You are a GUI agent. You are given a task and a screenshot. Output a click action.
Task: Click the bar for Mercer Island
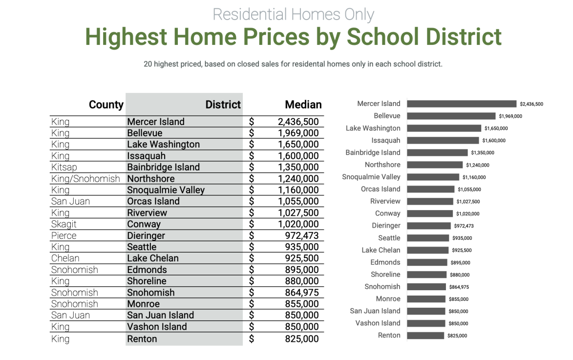pyautogui.click(x=461, y=104)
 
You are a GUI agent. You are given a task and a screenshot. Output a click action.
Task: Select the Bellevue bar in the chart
pyautogui.click(x=451, y=116)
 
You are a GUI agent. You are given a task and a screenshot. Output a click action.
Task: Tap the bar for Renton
pyautogui.click(x=425, y=336)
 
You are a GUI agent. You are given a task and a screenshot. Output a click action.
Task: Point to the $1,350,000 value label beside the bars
pyautogui.click(x=482, y=153)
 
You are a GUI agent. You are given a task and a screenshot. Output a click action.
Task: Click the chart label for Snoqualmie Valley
pyautogui.click(x=371, y=177)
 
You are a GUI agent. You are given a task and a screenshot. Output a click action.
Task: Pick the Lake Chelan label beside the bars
pyautogui.click(x=381, y=250)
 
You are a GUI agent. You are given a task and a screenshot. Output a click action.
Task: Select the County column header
pyautogui.click(x=106, y=105)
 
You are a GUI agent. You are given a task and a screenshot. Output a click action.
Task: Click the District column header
pyautogui.click(x=223, y=105)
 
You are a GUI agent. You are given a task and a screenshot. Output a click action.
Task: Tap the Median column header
pyautogui.click(x=303, y=105)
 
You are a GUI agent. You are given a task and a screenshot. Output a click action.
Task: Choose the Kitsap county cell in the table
pyautogui.click(x=64, y=167)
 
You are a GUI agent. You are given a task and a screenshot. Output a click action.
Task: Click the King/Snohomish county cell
pyautogui.click(x=85, y=179)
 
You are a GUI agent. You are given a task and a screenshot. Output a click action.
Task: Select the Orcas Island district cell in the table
pyautogui.click(x=153, y=201)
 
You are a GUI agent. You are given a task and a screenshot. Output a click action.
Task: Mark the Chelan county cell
pyautogui.click(x=65, y=258)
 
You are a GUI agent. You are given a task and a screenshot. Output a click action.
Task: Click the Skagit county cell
pyautogui.click(x=64, y=224)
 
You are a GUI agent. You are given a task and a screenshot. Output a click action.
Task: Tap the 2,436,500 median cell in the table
pyautogui.click(x=298, y=122)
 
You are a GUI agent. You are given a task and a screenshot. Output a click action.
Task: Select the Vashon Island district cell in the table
pyautogui.click(x=157, y=327)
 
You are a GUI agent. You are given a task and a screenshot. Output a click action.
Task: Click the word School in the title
pyautogui.click(x=382, y=37)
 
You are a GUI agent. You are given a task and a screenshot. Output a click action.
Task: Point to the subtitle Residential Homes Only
pyautogui.click(x=293, y=14)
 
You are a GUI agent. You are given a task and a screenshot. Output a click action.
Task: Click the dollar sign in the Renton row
pyautogui.click(x=252, y=339)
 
